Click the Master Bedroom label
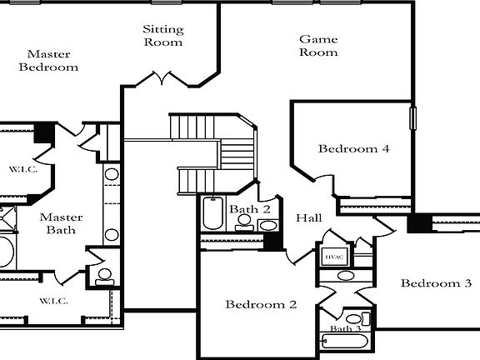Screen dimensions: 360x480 48,60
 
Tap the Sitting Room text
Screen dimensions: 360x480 163,35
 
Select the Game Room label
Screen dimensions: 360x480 318,45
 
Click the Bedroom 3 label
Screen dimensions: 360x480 436,283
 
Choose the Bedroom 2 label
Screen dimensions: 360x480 261,304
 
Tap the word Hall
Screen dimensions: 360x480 309,217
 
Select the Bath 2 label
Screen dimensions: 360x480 251,209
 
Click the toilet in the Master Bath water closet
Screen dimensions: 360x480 104,275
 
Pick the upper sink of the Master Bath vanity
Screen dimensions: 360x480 111,177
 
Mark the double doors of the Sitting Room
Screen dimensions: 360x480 162,79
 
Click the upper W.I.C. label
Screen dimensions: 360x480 22,170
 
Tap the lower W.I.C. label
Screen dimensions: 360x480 53,300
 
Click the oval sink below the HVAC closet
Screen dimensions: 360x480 346,275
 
